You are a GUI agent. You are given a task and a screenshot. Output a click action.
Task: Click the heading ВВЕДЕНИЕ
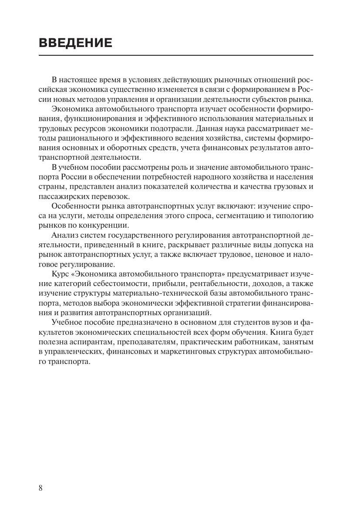75,43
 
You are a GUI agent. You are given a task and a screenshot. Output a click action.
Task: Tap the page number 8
40,487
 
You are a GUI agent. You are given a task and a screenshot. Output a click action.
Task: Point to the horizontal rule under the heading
176,55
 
